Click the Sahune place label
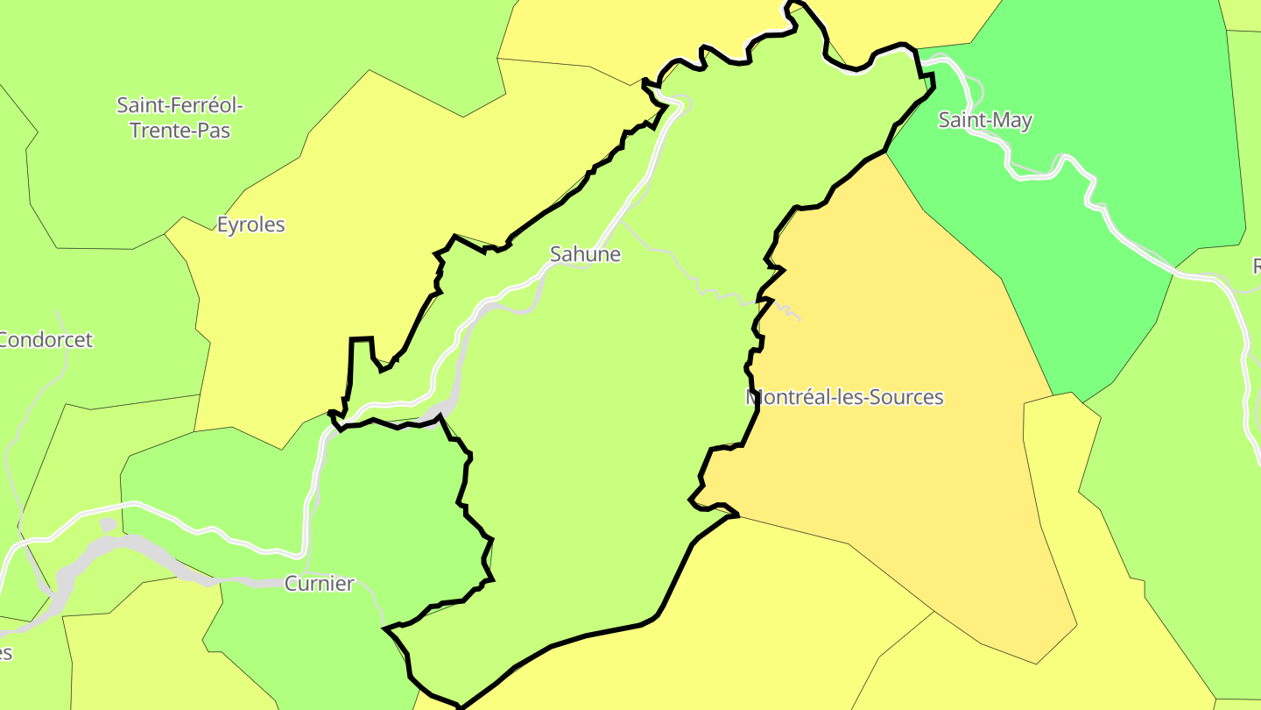click(585, 254)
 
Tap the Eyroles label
click(251, 224)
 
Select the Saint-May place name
click(985, 120)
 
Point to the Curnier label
click(319, 584)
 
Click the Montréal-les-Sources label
click(845, 397)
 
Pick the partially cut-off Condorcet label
click(46, 339)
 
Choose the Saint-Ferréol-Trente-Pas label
click(180, 117)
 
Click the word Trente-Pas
click(180, 131)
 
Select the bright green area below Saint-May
click(1095, 289)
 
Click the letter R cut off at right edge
click(1256, 266)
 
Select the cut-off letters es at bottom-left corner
click(5, 653)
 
